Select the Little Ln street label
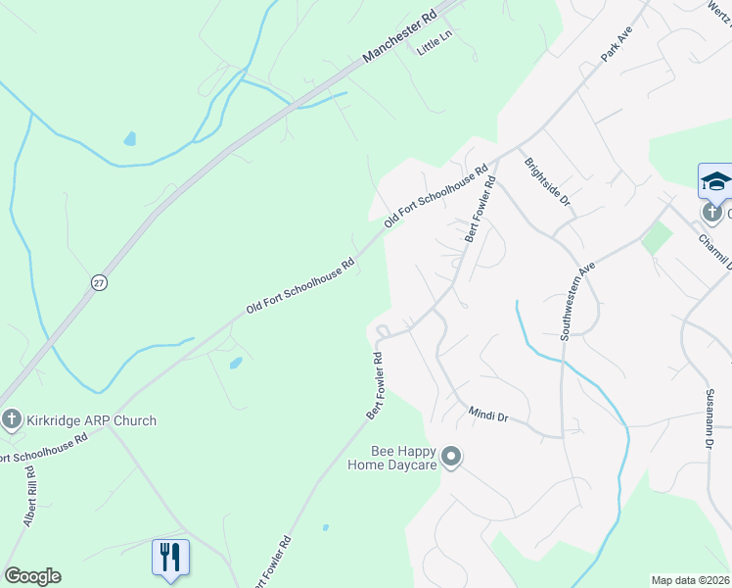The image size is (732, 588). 435,46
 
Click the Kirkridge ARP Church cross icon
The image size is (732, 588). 12,420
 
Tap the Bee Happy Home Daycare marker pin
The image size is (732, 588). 451,457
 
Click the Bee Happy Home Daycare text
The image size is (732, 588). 403,458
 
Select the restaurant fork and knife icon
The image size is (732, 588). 170,557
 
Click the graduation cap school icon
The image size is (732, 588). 715,181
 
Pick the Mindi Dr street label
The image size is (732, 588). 488,416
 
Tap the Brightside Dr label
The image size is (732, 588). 547,181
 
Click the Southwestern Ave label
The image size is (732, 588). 577,301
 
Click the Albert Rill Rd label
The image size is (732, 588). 29,497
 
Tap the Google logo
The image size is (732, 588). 32,576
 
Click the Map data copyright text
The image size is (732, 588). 690,580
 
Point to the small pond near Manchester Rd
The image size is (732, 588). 130,138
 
